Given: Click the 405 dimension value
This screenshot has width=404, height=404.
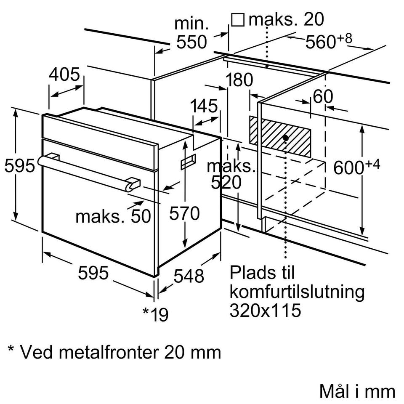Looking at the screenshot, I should point(64,74).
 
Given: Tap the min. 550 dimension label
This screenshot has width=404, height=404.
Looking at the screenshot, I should point(191,32).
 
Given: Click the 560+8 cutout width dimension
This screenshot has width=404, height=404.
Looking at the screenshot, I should point(328,41).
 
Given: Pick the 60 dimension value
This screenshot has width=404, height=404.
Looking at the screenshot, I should point(323,97).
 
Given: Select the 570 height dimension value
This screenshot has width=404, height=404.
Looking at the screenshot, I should point(184,214).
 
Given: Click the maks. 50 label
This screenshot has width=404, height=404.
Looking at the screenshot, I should point(113,216).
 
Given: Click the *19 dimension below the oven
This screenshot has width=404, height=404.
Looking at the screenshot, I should point(155,314).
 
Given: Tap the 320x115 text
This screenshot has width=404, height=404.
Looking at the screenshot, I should point(266,310).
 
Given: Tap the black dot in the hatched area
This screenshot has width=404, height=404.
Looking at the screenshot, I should point(286,137).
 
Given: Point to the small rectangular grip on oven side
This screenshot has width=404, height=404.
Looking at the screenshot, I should point(188,162).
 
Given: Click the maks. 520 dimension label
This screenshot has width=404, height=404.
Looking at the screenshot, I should point(230,174).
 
